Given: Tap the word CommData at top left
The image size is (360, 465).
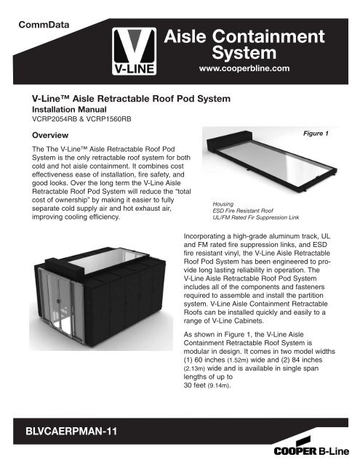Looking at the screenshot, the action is click(x=48, y=25).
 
